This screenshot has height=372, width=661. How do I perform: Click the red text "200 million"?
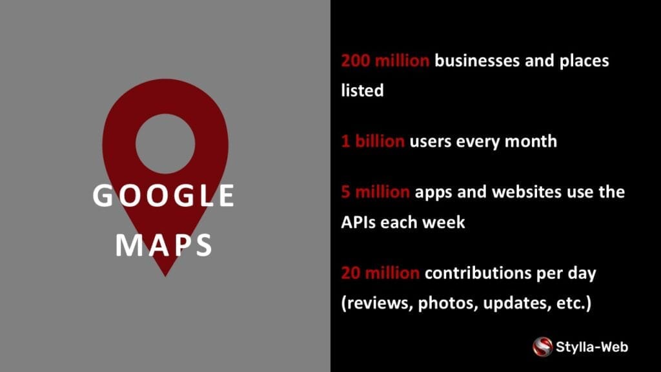point(385,61)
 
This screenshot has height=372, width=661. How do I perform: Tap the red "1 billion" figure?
point(372,141)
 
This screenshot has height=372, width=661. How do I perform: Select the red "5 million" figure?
point(375,192)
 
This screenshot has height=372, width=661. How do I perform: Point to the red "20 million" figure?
point(380,273)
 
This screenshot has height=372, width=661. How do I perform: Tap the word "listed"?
point(363,90)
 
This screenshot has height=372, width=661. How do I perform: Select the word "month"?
point(531,141)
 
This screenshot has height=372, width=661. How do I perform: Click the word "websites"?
point(527,192)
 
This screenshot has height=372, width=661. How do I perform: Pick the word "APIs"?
point(358,222)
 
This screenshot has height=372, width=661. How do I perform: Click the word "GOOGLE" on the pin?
point(163,195)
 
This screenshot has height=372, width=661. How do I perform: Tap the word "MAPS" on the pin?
point(163,245)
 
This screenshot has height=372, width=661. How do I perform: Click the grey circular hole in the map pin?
point(165,143)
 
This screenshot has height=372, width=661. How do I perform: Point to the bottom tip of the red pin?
point(165,276)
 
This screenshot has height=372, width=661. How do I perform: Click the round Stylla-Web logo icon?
point(542,347)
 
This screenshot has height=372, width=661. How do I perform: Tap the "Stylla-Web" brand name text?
point(592,347)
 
